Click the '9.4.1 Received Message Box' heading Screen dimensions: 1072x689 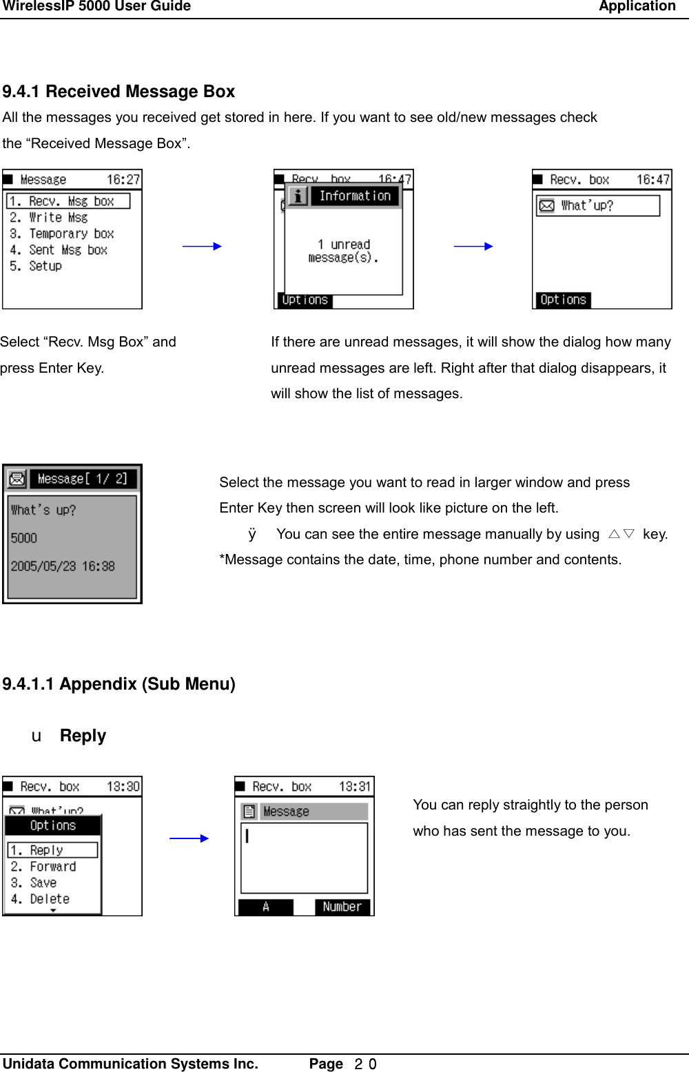click(119, 92)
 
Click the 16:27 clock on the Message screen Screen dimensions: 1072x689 click(123, 180)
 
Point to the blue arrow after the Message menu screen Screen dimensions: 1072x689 click(202, 246)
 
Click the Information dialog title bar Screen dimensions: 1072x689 click(354, 196)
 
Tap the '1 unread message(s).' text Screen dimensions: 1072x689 click(343, 251)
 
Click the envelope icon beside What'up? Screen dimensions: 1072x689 click(546, 205)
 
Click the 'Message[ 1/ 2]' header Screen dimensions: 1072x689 click(82, 479)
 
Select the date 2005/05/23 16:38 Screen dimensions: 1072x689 click(63, 566)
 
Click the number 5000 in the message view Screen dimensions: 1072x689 click(23, 538)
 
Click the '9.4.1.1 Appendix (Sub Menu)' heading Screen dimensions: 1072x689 click(119, 684)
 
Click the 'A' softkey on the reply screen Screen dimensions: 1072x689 click(265, 907)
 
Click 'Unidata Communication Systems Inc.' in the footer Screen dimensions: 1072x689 click(130, 1064)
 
